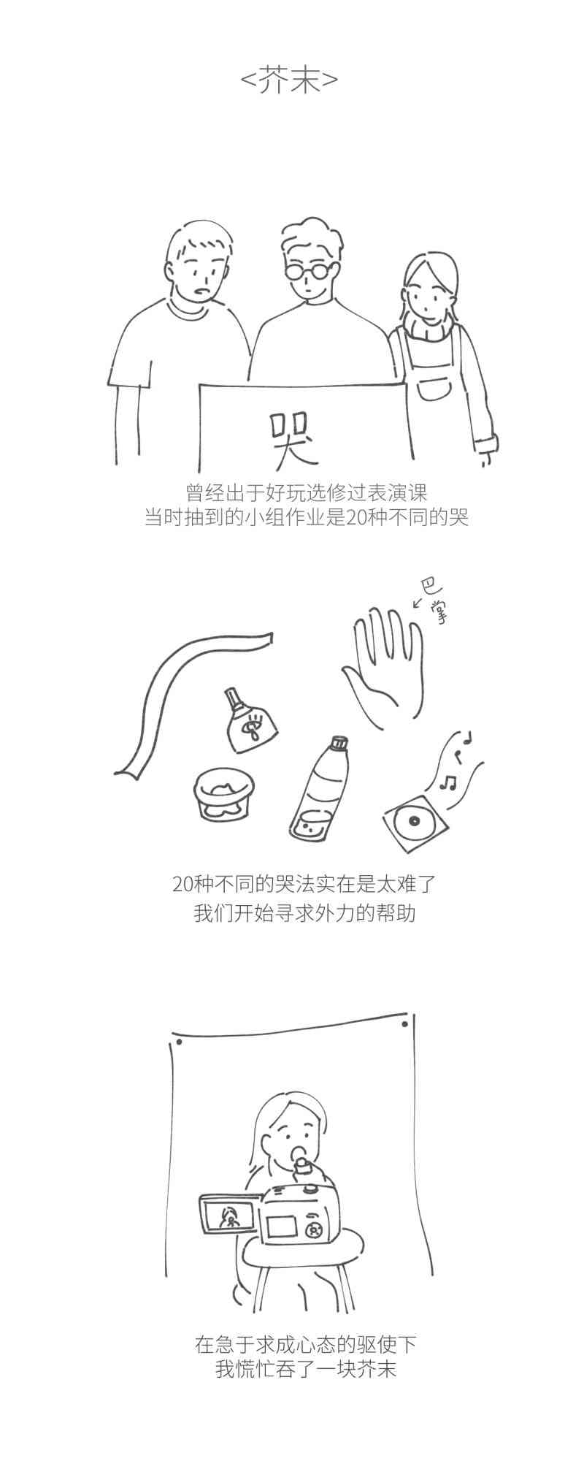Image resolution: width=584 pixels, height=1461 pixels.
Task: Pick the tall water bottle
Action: tap(319, 789)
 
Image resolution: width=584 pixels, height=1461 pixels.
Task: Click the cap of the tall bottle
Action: tap(338, 744)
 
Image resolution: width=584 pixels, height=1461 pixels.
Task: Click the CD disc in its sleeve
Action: tap(412, 822)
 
